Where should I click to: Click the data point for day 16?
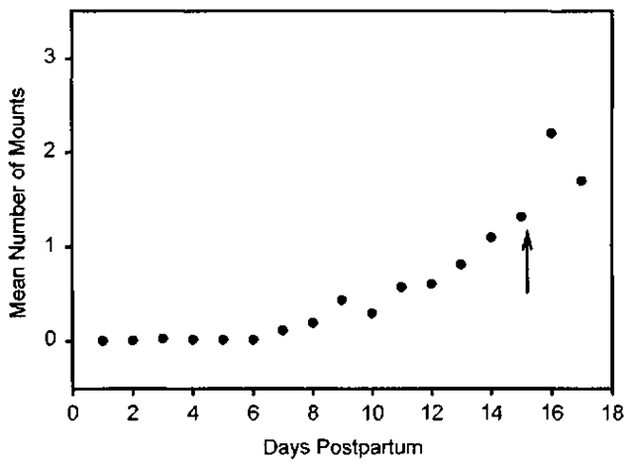pos(551,133)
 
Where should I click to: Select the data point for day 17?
pos(581,180)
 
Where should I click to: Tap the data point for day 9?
pos(342,299)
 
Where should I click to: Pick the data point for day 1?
pos(103,340)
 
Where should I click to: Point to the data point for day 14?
pos(491,237)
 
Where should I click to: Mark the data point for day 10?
pos(371,313)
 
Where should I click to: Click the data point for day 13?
pos(461,264)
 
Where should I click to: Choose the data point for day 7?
pos(282,329)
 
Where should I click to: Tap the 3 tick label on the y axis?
pos(62,58)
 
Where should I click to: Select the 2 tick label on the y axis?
pos(62,153)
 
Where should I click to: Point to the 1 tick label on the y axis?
pos(62,247)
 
